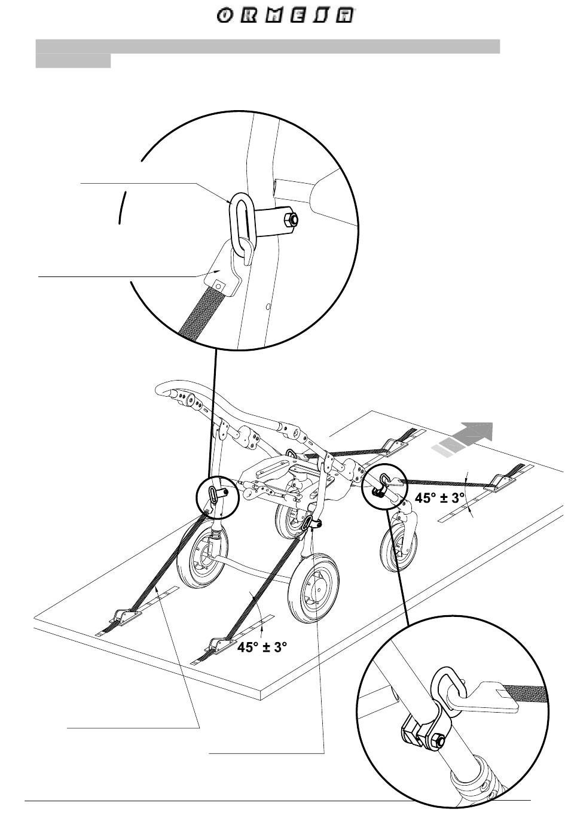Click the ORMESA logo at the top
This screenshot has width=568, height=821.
pos(284,16)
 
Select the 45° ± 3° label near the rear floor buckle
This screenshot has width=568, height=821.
pos(262,647)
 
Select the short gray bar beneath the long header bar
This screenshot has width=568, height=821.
pos(73,61)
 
